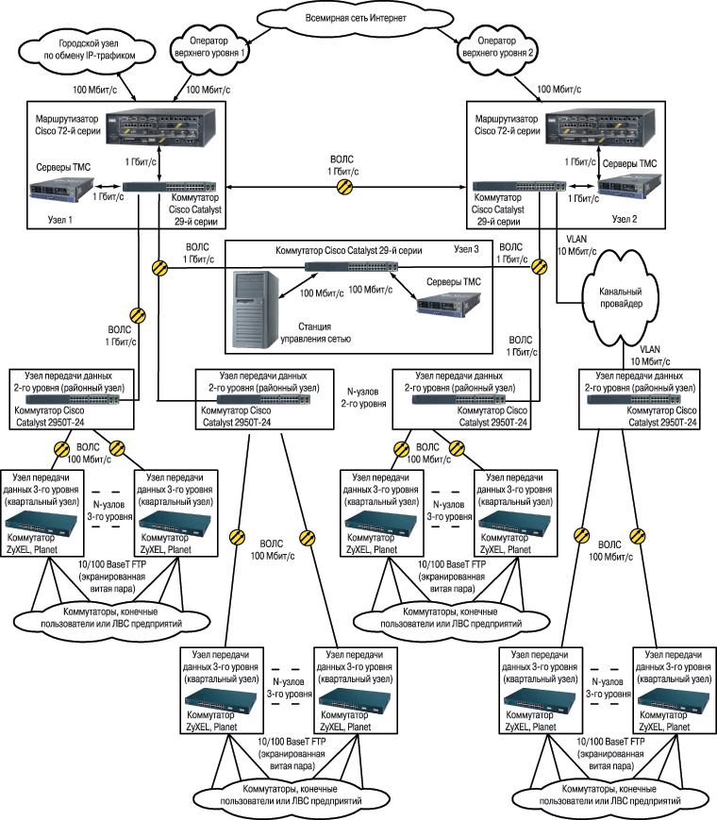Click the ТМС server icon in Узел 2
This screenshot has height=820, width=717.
tap(620, 186)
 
